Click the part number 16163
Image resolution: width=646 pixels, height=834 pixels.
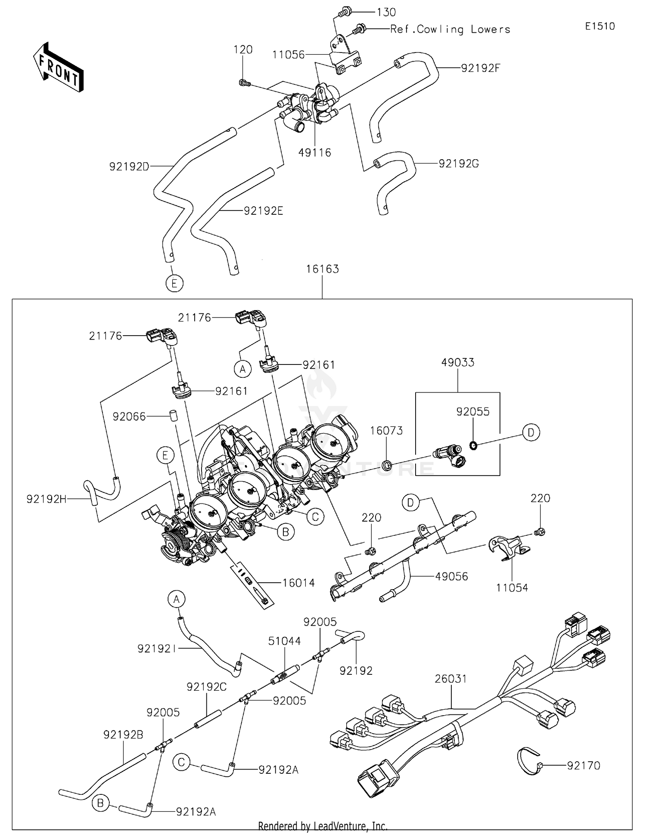[323, 269]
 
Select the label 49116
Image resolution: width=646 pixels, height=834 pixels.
[315, 152]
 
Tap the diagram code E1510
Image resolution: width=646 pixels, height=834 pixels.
[600, 26]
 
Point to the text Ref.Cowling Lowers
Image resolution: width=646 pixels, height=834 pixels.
[450, 29]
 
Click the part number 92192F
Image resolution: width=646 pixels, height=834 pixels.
[481, 68]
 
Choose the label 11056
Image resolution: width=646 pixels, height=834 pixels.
[289, 55]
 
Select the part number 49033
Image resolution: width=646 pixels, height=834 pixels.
[458, 362]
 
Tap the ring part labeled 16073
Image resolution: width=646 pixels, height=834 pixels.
[387, 465]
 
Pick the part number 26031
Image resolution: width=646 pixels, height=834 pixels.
[451, 679]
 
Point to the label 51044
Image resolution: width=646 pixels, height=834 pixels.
[285, 641]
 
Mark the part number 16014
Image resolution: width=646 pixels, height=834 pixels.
[298, 583]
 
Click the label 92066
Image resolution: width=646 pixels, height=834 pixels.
[129, 417]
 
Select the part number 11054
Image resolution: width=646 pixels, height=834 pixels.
[512, 587]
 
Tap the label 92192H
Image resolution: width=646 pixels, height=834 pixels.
[47, 499]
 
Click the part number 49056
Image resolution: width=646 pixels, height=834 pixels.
[451, 576]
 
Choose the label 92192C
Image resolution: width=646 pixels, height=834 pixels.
[207, 687]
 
